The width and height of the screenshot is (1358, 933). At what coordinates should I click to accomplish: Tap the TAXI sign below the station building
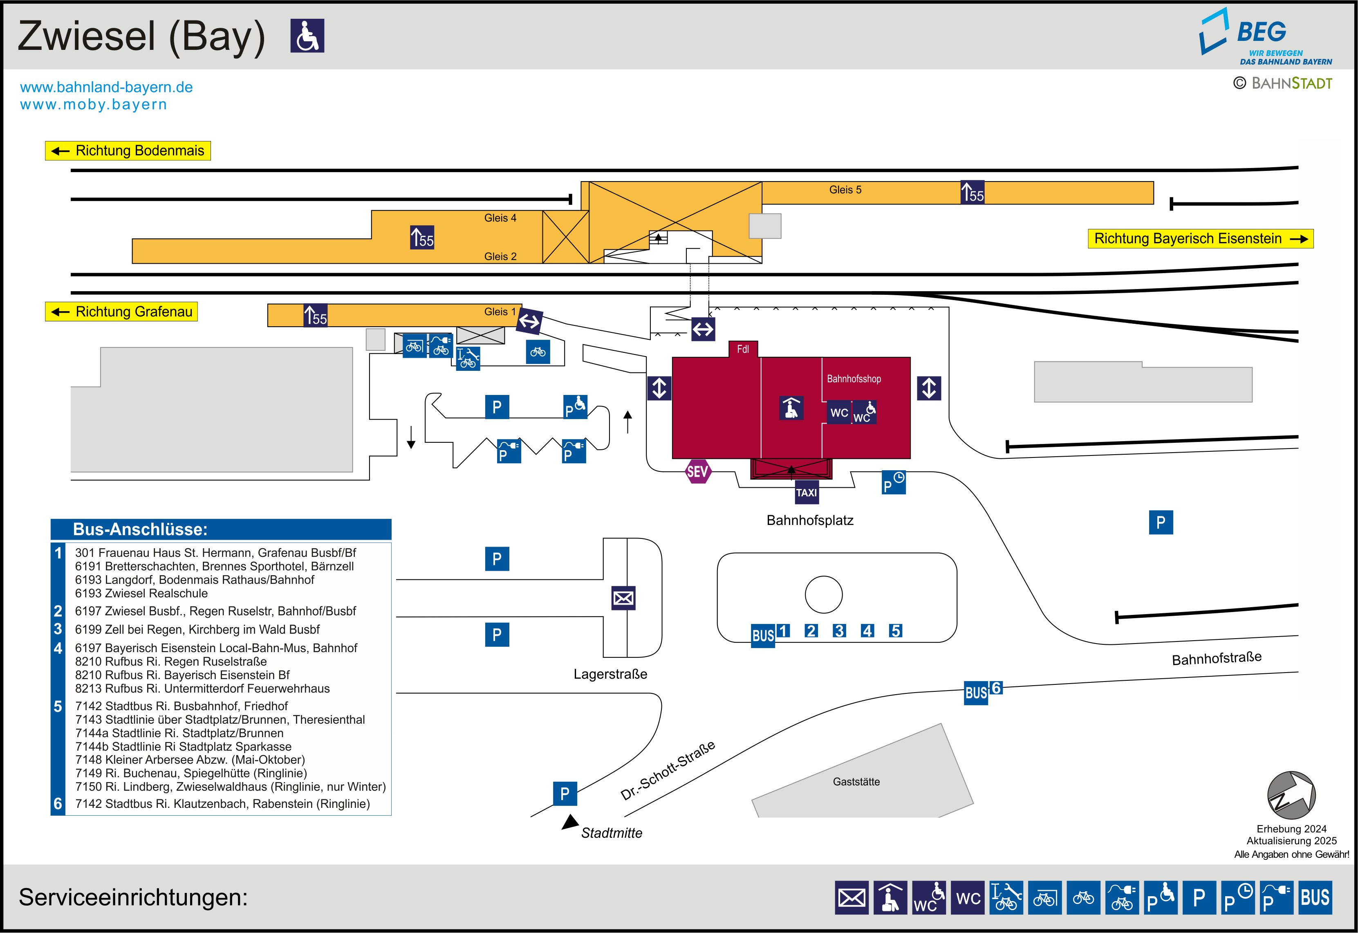tap(807, 492)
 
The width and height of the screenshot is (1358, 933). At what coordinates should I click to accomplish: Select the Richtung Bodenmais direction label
tap(128, 151)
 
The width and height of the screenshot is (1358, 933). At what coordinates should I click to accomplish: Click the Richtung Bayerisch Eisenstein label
tap(1200, 238)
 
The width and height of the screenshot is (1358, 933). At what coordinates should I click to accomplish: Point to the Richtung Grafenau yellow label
tap(121, 312)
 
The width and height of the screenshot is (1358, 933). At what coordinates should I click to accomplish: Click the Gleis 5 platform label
tap(845, 189)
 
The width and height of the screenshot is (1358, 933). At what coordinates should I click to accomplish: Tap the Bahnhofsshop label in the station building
tap(854, 379)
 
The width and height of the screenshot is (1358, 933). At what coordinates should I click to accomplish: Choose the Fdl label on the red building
tap(743, 349)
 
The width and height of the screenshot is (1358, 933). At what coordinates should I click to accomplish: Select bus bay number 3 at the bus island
tap(839, 631)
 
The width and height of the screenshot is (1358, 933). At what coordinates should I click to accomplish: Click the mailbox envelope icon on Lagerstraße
tap(623, 598)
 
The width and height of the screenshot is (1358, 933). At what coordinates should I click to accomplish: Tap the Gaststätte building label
tap(856, 782)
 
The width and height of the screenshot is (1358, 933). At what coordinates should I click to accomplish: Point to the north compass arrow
tap(1291, 795)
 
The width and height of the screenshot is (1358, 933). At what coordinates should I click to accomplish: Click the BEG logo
tap(1265, 36)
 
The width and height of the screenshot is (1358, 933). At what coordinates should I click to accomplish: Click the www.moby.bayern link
tap(94, 105)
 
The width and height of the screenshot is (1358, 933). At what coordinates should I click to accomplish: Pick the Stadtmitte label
tap(611, 833)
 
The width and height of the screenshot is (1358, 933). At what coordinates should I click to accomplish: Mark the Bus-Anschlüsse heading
tap(140, 529)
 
